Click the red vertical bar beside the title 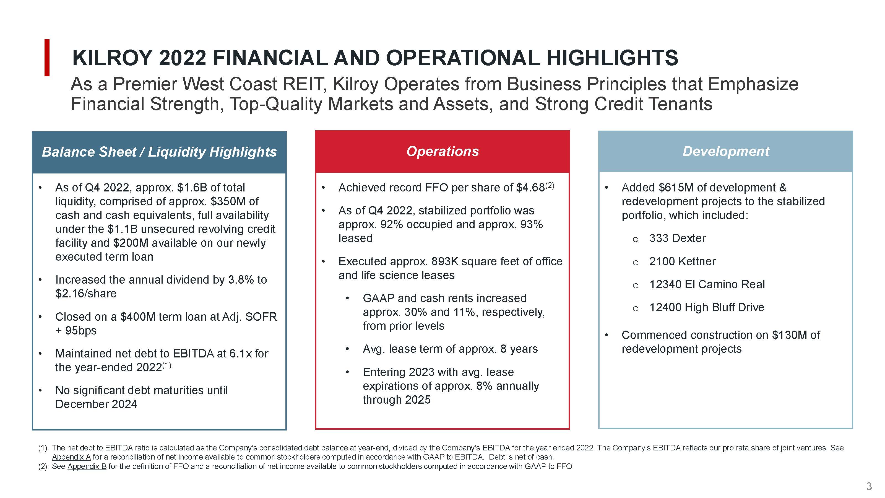click(47, 58)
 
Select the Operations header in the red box click(442, 152)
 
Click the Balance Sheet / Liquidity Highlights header click(159, 152)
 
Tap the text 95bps click(81, 330)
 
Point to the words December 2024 click(96, 404)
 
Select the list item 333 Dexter click(677, 238)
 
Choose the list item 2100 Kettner click(682, 261)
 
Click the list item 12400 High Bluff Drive click(706, 307)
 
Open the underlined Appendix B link click(87, 466)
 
